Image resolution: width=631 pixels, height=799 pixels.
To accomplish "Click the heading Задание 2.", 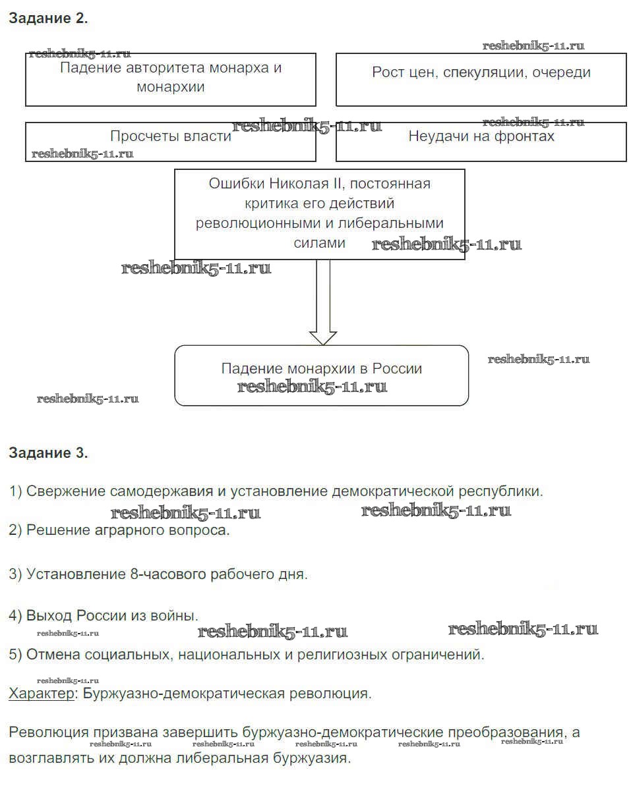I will click(48, 18).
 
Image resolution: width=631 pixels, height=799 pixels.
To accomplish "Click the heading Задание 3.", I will click(48, 453).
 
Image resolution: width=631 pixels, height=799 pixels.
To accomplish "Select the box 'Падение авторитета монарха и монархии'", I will click(171, 79).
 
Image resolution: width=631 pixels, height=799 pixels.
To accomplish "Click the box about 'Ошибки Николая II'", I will click(319, 213).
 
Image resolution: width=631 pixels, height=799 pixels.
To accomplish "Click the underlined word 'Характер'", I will click(42, 694).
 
